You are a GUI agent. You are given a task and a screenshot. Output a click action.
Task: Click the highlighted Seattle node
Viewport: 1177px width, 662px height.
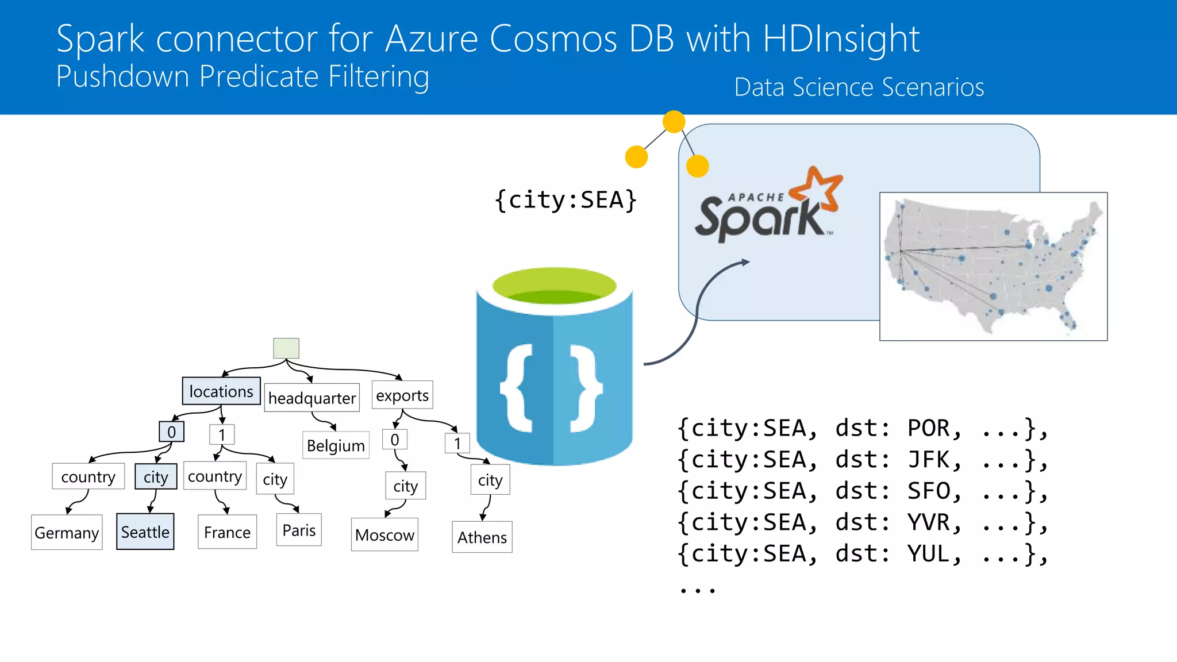(x=145, y=532)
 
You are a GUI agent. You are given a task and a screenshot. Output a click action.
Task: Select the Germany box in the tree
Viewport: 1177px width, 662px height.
(x=67, y=532)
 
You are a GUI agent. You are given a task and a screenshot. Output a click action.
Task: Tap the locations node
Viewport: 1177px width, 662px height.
(x=221, y=391)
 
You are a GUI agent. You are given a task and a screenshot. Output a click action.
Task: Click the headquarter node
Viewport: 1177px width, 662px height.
(x=312, y=398)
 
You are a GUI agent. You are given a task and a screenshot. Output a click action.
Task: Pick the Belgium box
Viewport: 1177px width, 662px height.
(x=336, y=445)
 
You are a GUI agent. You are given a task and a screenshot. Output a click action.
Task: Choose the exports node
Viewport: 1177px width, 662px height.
(x=402, y=395)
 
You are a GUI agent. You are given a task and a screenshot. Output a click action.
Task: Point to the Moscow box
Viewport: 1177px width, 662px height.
(x=384, y=535)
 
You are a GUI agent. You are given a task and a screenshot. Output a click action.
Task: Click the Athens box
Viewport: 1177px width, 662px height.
(x=482, y=537)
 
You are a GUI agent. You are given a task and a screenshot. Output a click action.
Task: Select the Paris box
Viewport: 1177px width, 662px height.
(x=299, y=530)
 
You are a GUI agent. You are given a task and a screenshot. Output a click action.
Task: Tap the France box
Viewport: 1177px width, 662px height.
(x=227, y=532)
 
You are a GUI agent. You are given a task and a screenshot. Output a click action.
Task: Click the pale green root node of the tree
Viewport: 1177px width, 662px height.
(x=286, y=348)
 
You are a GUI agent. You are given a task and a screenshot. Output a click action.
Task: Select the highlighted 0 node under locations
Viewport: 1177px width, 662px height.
(x=171, y=432)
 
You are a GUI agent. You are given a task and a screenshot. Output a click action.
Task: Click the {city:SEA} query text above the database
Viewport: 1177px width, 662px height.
(x=566, y=200)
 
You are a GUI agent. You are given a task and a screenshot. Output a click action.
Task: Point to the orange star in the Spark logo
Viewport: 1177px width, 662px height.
(x=819, y=188)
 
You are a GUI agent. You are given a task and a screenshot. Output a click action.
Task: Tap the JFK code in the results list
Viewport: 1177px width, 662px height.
(x=929, y=460)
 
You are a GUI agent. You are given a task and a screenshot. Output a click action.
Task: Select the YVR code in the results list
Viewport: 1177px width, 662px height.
(x=929, y=522)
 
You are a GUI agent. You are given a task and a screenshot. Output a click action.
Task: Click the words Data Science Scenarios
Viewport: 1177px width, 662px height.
(x=859, y=87)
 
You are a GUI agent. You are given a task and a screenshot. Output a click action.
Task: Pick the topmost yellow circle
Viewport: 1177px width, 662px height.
(x=674, y=122)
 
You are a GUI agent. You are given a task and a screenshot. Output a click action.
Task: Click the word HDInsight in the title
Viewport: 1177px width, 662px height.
(x=841, y=39)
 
